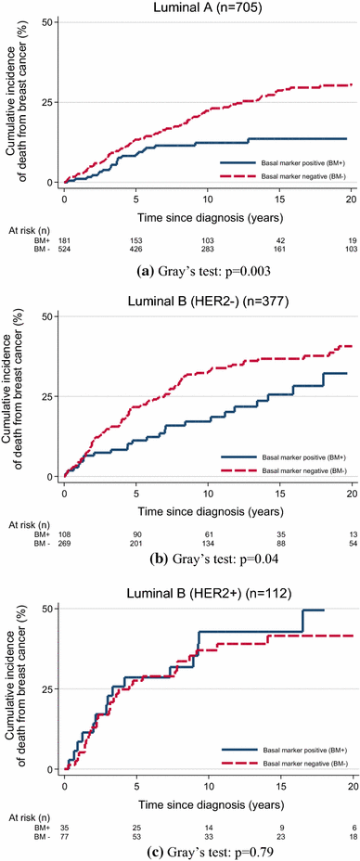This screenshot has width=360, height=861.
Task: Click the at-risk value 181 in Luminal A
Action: [66, 239]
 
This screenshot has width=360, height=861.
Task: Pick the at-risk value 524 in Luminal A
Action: [66, 250]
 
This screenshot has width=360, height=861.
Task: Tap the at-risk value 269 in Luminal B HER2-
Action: [66, 543]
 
